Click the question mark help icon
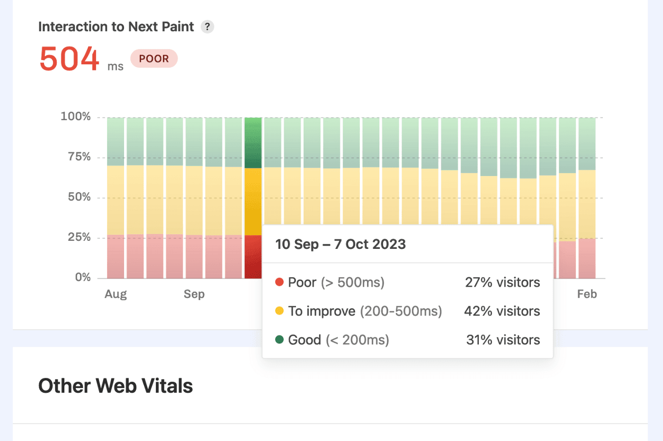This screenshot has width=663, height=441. point(207,27)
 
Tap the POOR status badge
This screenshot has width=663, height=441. point(154,59)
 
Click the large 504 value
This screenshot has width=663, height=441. point(69,59)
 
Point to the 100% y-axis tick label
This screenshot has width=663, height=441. point(76,116)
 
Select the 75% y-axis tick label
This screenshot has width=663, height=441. point(79,157)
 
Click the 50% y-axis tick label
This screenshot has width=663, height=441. point(79,197)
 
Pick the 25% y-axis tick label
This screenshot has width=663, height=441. point(79,237)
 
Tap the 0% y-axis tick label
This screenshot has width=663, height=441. point(83,277)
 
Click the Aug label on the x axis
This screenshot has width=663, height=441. point(116,294)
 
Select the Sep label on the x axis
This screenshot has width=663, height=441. point(194,294)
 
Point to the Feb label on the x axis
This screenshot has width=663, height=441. point(587,294)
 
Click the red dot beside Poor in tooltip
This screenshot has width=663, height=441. point(279,282)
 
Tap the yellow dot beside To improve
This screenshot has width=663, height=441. point(279,311)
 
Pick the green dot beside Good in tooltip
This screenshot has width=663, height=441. point(279,339)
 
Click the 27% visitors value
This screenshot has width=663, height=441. point(502,282)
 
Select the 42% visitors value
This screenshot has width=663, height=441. point(502,311)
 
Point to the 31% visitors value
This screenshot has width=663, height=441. point(503,340)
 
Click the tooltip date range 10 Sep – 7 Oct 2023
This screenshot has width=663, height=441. point(340,244)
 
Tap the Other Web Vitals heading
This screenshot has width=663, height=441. point(116,386)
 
